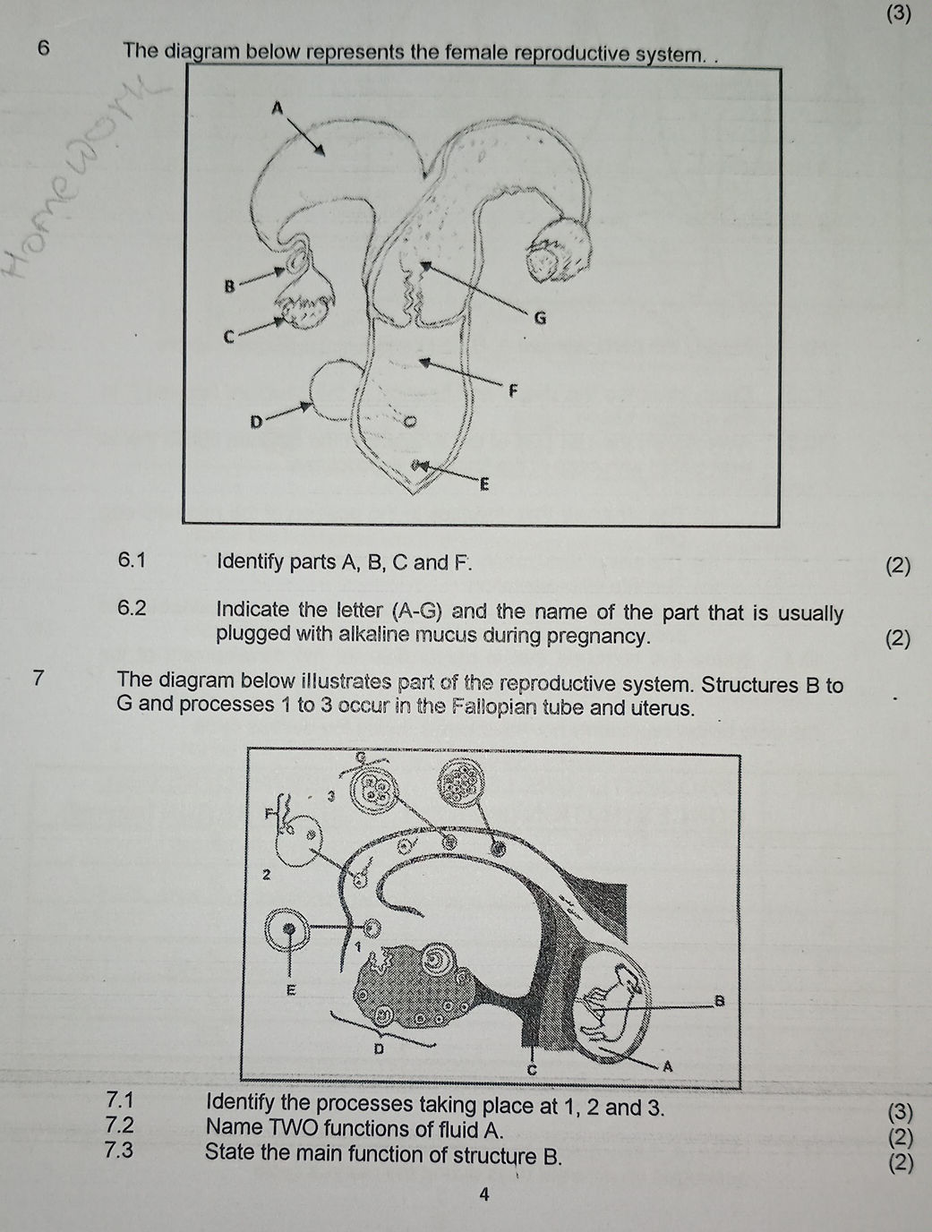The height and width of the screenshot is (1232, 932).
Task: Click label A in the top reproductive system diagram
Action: coord(277,107)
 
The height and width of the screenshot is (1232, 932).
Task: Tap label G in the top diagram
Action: coord(539,318)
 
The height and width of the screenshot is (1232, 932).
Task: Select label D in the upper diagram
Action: coord(255,420)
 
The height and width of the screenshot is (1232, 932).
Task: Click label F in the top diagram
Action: coord(512,390)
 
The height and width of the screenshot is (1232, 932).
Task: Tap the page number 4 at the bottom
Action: coord(483,1193)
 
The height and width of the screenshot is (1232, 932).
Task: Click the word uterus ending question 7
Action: coord(665,707)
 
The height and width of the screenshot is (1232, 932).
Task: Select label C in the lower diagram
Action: coord(529,1070)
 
